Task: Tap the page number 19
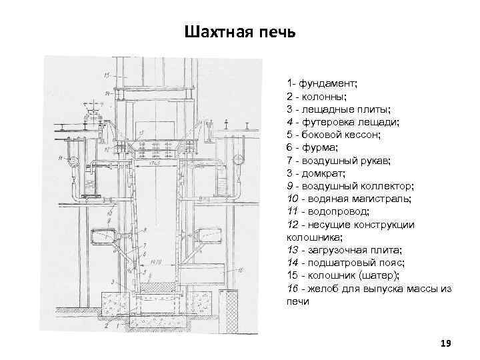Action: coord(446,343)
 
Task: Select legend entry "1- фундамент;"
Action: coord(322,83)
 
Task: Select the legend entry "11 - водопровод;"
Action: coord(326,211)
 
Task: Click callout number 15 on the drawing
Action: coord(107,74)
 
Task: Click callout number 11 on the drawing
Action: coord(60,158)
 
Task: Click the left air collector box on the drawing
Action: coord(101,236)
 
